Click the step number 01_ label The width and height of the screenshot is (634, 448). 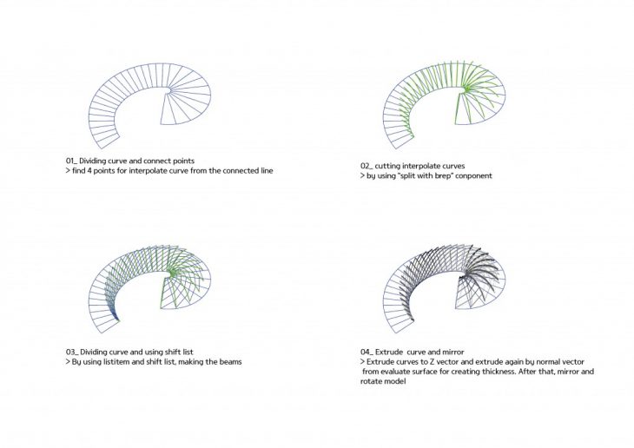(x=71, y=161)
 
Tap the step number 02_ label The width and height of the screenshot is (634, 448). (x=367, y=166)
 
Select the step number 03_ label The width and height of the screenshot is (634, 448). (x=72, y=352)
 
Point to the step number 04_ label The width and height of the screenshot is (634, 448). (x=367, y=352)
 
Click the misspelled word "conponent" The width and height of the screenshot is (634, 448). (x=473, y=176)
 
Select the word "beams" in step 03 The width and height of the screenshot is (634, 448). (x=230, y=361)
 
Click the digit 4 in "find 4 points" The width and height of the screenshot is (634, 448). (x=89, y=171)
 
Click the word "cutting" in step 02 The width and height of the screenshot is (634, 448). (x=387, y=166)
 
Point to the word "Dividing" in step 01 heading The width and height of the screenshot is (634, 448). (x=93, y=161)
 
